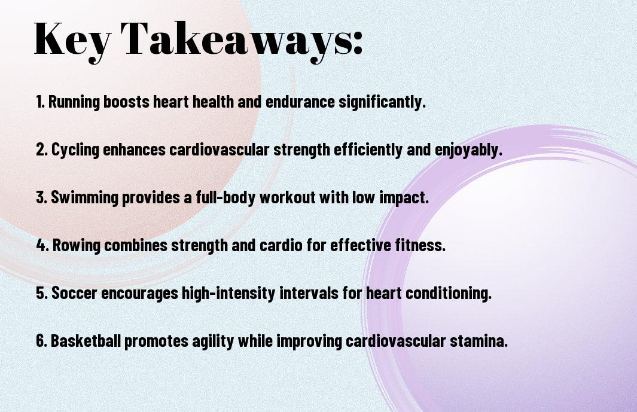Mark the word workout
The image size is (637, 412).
point(288,197)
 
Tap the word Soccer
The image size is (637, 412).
point(74,294)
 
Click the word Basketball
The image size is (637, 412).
point(86,341)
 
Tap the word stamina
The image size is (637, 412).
point(478,341)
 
